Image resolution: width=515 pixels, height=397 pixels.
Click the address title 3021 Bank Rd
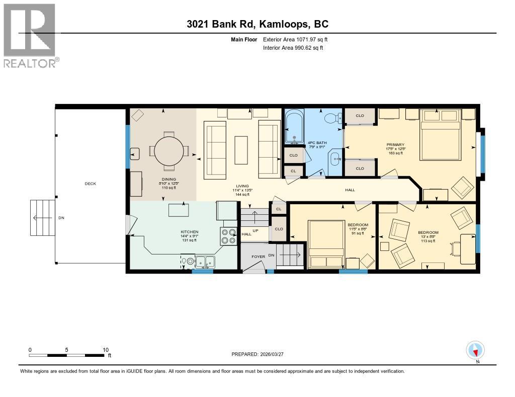click(257, 24)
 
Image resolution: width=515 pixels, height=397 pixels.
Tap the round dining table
click(169, 151)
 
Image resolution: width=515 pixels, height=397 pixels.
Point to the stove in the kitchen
click(228, 236)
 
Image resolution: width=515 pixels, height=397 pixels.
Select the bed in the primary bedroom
click(440, 134)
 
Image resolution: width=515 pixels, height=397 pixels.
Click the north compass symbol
click(475, 350)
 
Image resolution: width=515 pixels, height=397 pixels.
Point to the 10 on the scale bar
click(106, 350)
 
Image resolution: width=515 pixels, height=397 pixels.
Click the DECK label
click(90, 184)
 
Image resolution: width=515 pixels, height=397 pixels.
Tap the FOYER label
click(258, 256)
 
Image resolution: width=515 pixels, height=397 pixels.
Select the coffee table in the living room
click(241, 149)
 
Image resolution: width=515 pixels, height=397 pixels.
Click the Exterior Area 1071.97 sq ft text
click(295, 39)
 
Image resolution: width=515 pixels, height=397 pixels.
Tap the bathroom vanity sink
click(334, 160)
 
